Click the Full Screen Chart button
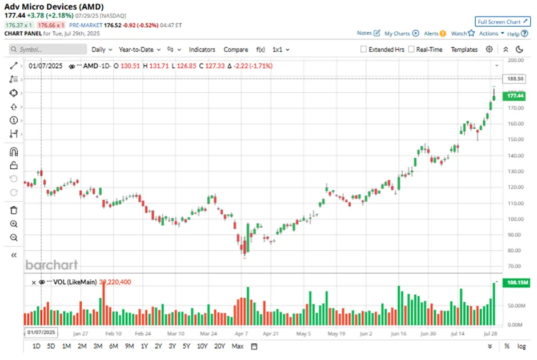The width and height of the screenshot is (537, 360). pyautogui.click(x=503, y=22)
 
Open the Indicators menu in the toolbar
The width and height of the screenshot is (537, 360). pyautogui.click(x=202, y=50)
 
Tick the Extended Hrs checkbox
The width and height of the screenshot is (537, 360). pyautogui.click(x=363, y=50)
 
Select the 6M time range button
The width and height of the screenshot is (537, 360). pyautogui.click(x=113, y=346)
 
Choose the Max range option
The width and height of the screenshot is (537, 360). pyautogui.click(x=238, y=346)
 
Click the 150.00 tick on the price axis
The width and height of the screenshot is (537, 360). pyautogui.click(x=515, y=139)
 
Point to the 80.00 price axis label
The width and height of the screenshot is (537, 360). pyautogui.click(x=515, y=250)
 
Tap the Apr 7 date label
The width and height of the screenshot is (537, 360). pyautogui.click(x=241, y=333)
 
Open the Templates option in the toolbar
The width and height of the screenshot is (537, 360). pyautogui.click(x=464, y=50)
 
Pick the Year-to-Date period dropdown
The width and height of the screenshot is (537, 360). pyautogui.click(x=139, y=50)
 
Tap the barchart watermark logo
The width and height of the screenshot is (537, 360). pyautogui.click(x=51, y=265)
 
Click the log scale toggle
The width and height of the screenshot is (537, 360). pyautogui.click(x=521, y=346)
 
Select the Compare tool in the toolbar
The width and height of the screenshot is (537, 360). pyautogui.click(x=235, y=50)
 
